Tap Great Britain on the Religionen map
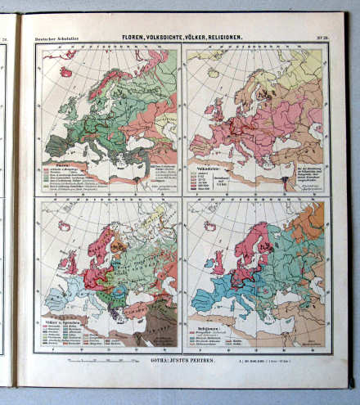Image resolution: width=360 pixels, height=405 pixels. [x=219, y=260]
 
